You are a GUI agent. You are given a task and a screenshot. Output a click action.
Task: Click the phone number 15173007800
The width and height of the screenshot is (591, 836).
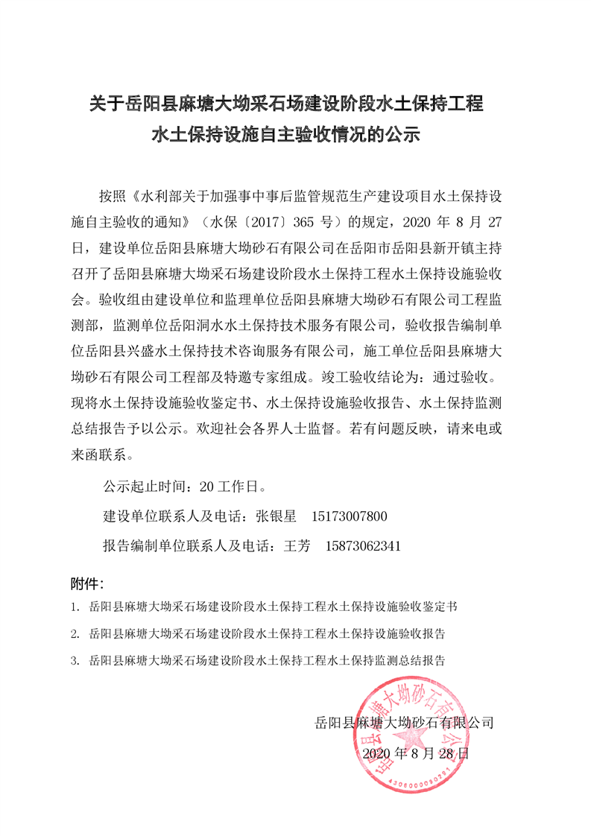pos(349,516)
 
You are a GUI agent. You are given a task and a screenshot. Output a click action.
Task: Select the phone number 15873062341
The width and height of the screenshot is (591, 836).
pos(364,545)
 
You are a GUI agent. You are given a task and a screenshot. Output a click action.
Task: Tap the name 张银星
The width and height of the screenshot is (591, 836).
pos(276,516)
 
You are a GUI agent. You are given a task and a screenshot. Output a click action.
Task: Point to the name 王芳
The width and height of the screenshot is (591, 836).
pos(297,545)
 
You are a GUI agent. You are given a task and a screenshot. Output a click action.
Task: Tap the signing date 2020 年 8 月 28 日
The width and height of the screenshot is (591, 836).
pos(416,753)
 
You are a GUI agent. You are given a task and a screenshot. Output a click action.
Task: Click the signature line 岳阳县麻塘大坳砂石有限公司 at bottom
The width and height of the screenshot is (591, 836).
pos(405,723)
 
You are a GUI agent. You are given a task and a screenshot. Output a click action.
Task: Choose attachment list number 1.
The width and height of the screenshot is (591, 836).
pos(75,607)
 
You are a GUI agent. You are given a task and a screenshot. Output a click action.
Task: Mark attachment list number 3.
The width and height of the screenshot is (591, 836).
pos(75,660)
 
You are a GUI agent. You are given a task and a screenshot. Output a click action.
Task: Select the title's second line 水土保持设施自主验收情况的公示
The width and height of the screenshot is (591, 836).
pos(287,136)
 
